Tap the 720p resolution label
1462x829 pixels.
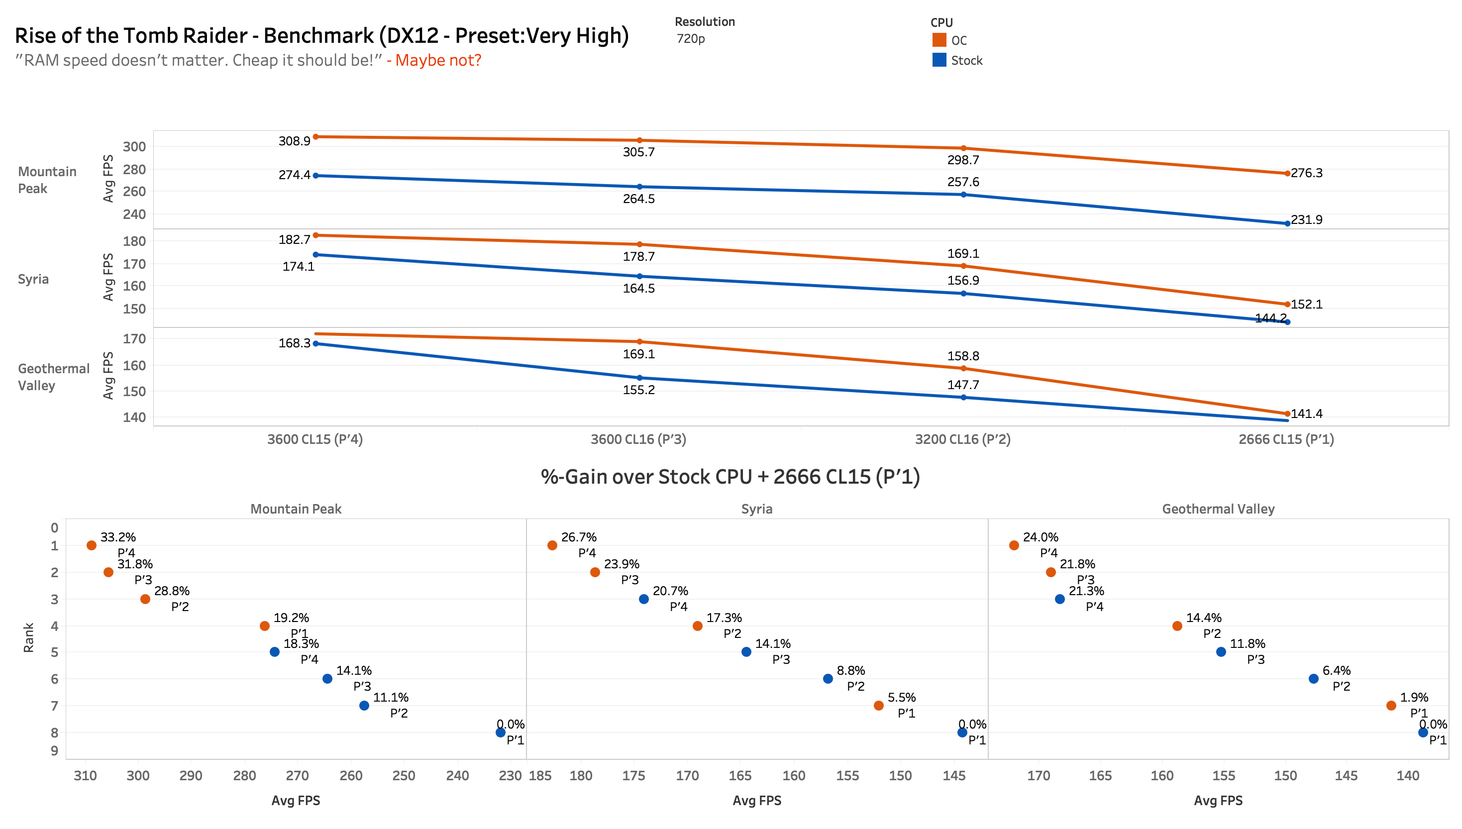click(x=690, y=39)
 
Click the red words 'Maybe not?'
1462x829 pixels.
click(x=438, y=60)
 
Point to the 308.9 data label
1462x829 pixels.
click(x=294, y=141)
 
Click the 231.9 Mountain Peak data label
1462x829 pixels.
click(x=1306, y=220)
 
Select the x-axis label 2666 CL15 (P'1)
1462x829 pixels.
click(x=1285, y=439)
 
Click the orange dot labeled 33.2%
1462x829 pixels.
click(x=91, y=545)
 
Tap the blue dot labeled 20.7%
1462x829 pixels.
click(x=643, y=599)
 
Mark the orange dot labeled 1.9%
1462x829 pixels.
click(x=1391, y=706)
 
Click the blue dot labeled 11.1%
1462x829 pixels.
click(x=364, y=706)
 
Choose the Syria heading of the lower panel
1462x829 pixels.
click(x=756, y=509)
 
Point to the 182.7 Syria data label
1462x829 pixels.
click(x=294, y=240)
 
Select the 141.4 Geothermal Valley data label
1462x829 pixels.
click(x=1306, y=414)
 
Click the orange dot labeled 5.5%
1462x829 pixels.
click(x=878, y=706)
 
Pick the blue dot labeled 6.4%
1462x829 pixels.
click(x=1313, y=679)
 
